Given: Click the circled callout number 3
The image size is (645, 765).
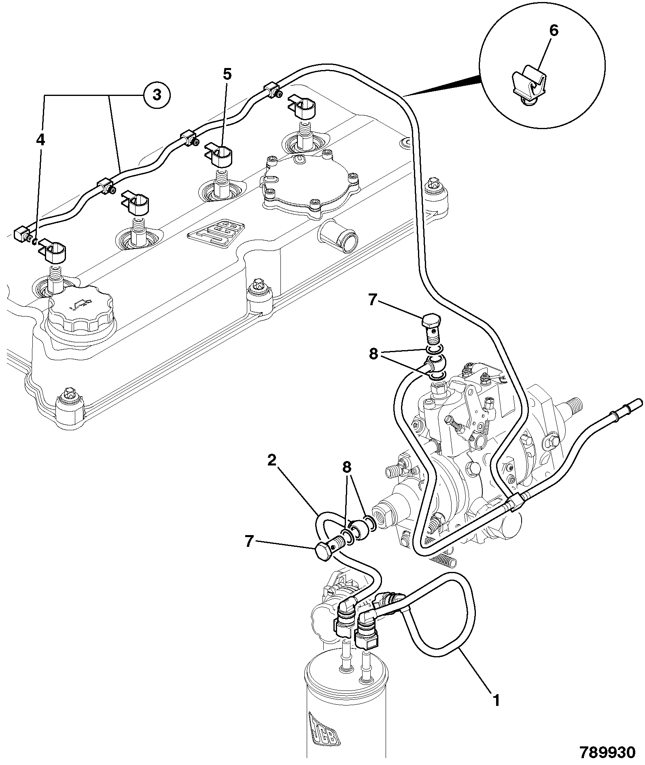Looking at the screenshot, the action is pos(157,96).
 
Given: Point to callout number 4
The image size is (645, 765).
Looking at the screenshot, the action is pos(40,139).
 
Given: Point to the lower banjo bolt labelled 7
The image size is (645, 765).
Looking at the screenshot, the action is pos(331,547).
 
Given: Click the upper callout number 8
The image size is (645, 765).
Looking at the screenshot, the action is pos(373,354).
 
